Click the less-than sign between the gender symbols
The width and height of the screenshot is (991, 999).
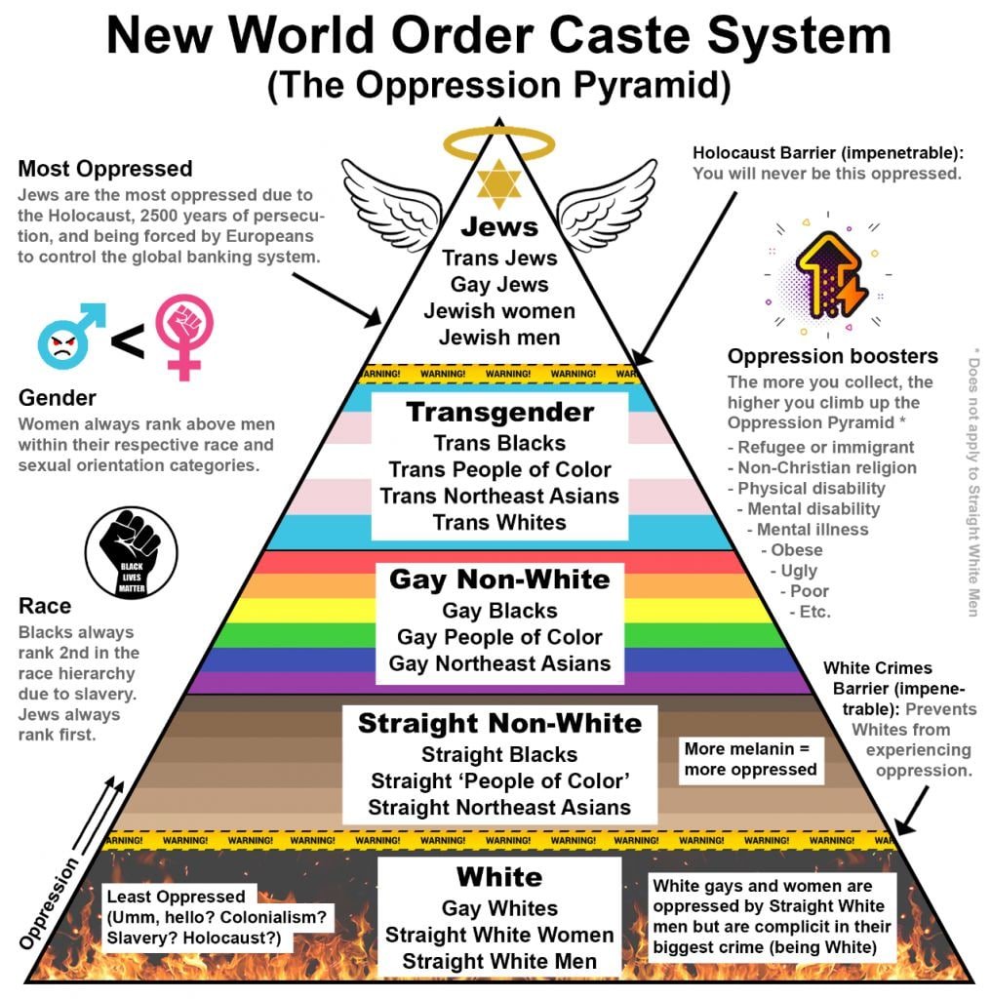[x=127, y=342]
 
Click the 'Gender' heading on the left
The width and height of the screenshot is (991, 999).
[x=58, y=398]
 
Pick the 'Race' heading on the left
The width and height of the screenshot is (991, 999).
[x=45, y=607]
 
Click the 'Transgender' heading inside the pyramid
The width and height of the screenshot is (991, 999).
[x=499, y=412]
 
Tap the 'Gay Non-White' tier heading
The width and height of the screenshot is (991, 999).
[x=499, y=579]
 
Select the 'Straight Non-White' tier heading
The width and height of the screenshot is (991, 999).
[x=499, y=723]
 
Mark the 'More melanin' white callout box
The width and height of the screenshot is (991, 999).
[x=750, y=759]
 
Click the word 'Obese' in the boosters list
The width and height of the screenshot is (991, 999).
[x=796, y=549]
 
